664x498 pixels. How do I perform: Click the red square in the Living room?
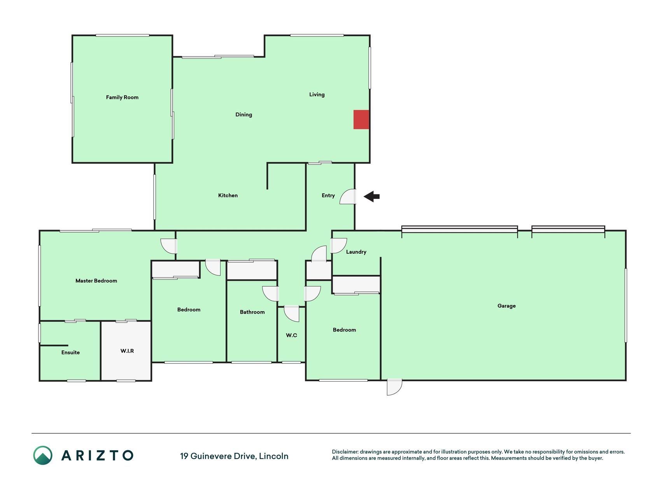[361, 119]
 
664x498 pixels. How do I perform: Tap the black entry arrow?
[371, 196]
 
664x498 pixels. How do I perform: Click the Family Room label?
[122, 97]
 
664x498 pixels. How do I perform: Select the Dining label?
[244, 114]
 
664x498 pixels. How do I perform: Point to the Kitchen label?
[228, 195]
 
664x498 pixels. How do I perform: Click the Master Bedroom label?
[96, 281]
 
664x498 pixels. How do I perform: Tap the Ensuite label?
[70, 352]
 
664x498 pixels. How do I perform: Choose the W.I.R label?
[127, 351]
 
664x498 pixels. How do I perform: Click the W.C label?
[291, 335]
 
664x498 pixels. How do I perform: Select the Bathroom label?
[252, 312]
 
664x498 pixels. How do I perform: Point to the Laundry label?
[356, 252]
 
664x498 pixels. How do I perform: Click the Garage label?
[506, 306]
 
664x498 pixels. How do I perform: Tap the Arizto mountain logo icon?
[42, 455]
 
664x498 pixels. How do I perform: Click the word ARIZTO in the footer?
[97, 455]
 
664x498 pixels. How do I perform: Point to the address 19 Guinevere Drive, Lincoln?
[234, 456]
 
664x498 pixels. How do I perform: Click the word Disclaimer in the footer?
[345, 452]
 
